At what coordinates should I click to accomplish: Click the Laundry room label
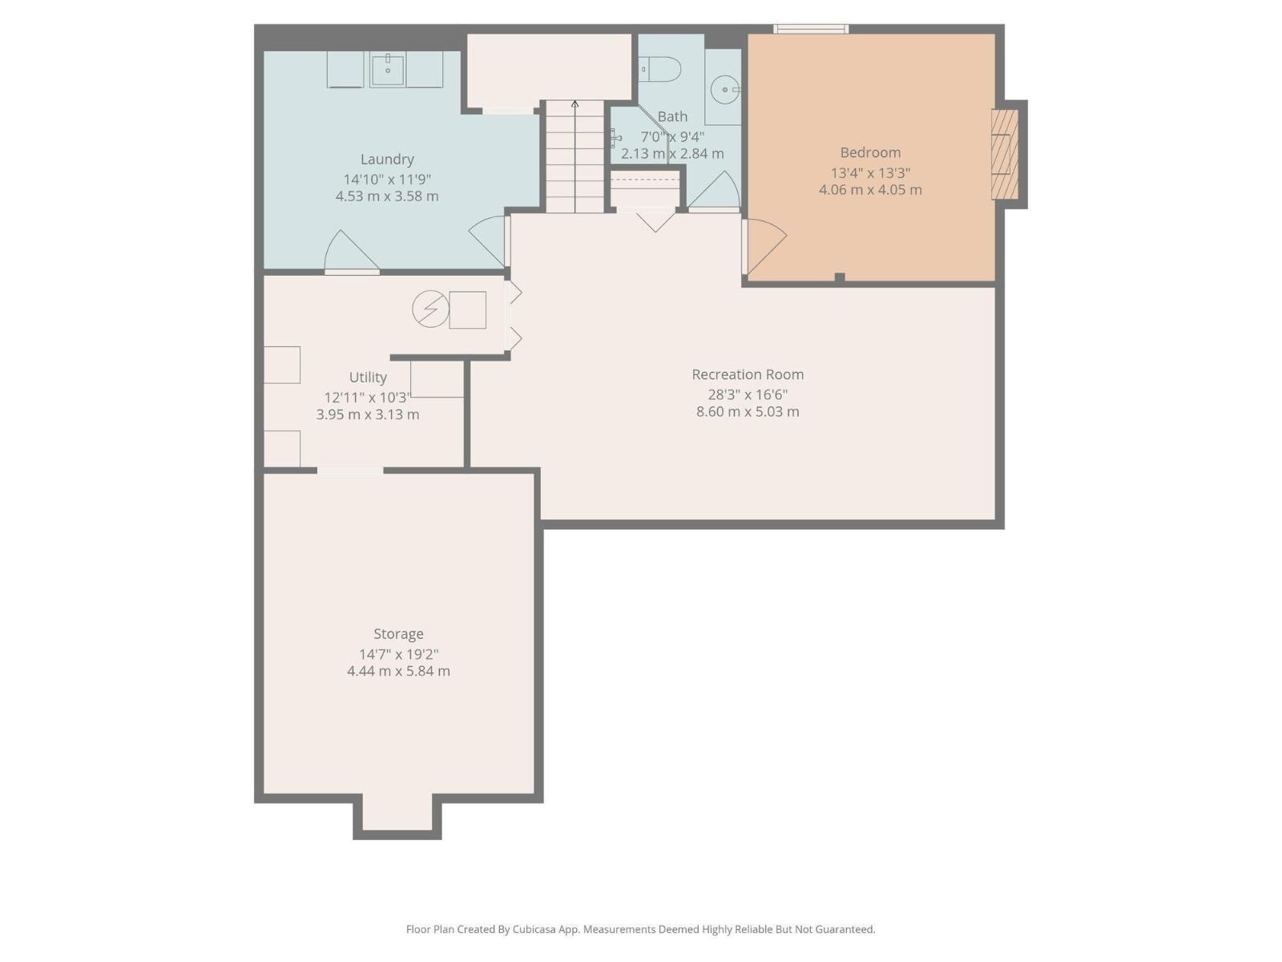(x=387, y=160)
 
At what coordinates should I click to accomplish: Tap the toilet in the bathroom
(x=662, y=70)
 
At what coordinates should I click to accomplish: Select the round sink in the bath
(x=725, y=89)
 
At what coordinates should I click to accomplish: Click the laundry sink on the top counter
(x=389, y=69)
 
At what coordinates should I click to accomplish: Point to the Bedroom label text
(x=870, y=152)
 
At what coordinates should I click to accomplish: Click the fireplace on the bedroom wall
(x=1005, y=154)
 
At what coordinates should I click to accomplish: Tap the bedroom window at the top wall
(x=810, y=30)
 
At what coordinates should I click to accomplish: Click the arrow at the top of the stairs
(x=574, y=104)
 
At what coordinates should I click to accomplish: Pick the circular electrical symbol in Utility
(x=430, y=309)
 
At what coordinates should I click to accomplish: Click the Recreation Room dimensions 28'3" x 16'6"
(x=748, y=394)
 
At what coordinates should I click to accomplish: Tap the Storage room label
(x=398, y=634)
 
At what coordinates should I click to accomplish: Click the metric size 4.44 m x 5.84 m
(x=398, y=671)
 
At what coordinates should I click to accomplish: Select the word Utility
(x=368, y=377)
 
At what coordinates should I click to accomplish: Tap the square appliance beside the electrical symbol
(x=467, y=310)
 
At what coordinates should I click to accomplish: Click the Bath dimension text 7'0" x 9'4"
(x=672, y=136)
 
